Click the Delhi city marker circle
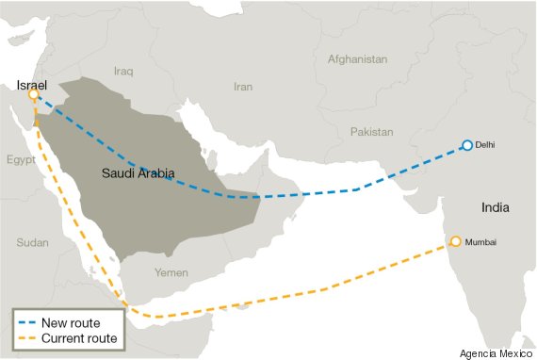[x=466, y=145]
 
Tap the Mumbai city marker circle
[x=457, y=242]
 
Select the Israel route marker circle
[x=34, y=94]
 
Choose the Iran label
[x=243, y=87]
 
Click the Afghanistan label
[x=357, y=59]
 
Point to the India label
[x=496, y=207]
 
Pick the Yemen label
[x=171, y=271]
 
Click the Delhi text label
[x=486, y=145]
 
